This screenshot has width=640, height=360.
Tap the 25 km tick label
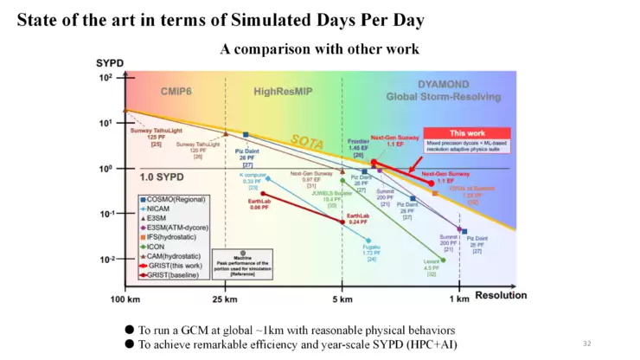(225, 299)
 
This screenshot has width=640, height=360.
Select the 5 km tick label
(342, 299)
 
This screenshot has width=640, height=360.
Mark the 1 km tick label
(461, 299)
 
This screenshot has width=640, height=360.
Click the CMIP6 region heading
(177, 91)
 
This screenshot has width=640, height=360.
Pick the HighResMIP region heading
(282, 91)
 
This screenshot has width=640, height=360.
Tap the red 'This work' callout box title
(466, 133)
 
